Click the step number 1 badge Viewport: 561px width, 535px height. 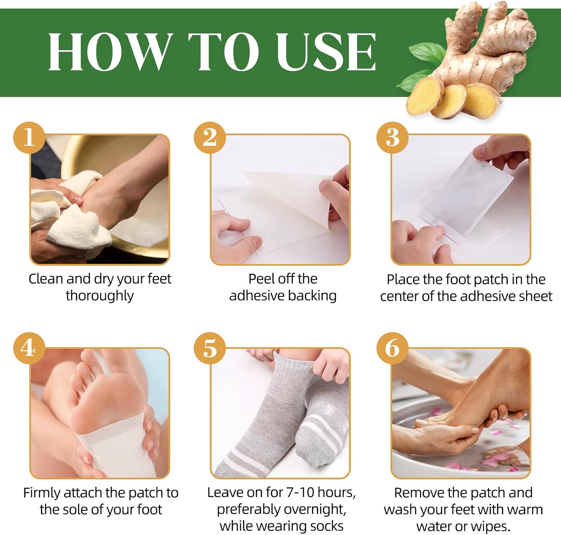[29, 138]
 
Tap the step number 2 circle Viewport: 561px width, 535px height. [210, 138]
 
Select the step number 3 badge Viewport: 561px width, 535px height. [392, 138]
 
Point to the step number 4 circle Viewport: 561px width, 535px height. [29, 348]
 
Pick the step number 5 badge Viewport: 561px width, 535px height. [210, 348]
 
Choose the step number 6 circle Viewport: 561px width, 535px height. [392, 348]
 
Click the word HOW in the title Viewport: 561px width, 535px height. [110, 52]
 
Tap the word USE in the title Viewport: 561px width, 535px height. [326, 52]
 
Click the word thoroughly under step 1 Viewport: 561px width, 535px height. [99, 296]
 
